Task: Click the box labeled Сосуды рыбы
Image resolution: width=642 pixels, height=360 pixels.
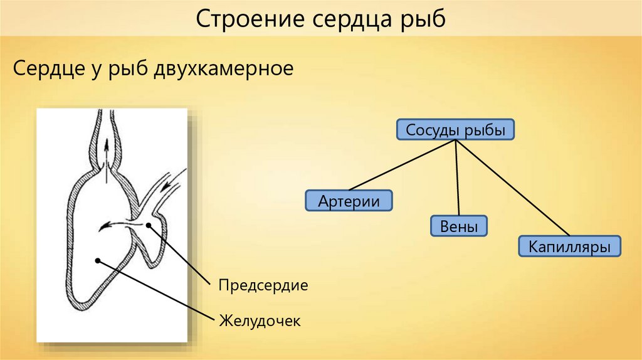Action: pyautogui.click(x=456, y=130)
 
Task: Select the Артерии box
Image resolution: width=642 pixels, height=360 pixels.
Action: pyautogui.click(x=349, y=201)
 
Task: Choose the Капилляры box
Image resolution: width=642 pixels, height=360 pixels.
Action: pyautogui.click(x=569, y=246)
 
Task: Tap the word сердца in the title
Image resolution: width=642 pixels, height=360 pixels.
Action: pyautogui.click(x=348, y=19)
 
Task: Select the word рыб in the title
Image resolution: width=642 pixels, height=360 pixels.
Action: pyautogui.click(x=423, y=19)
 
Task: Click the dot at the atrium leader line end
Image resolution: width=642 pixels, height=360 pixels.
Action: pyautogui.click(x=149, y=225)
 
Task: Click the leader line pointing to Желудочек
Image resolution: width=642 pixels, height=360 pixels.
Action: pyautogui.click(x=157, y=290)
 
